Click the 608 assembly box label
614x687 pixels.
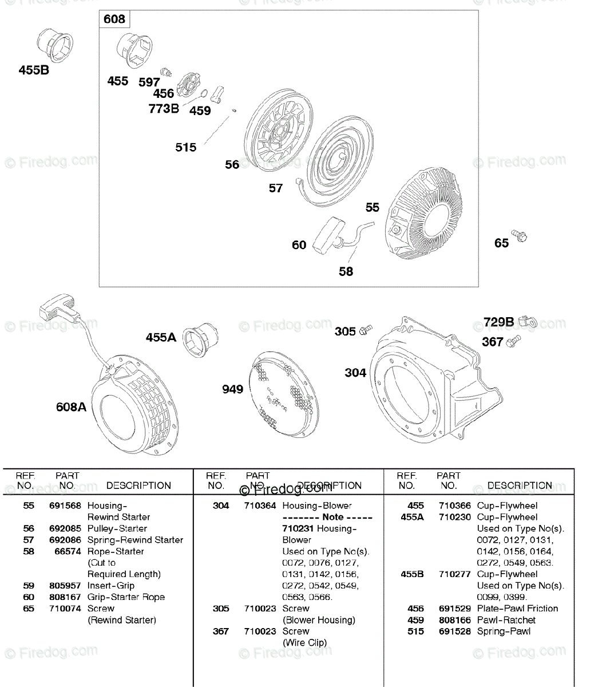click(114, 19)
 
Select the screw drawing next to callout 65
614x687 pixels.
click(520, 235)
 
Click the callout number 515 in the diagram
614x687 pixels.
click(185, 148)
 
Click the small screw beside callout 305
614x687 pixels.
click(366, 330)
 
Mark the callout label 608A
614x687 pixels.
click(71, 407)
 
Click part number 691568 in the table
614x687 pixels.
click(65, 506)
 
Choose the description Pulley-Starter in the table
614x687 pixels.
click(117, 528)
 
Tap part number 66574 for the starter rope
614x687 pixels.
click(68, 551)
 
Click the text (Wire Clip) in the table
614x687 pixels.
click(304, 642)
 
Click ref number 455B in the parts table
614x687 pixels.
click(412, 574)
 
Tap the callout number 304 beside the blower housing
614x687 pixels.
click(355, 373)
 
